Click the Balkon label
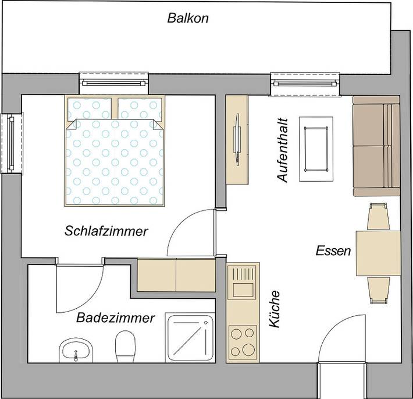pyautogui.click(x=188, y=18)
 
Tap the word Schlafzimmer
pyautogui.click(x=106, y=231)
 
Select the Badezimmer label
pyautogui.click(x=116, y=318)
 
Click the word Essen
pyautogui.click(x=333, y=252)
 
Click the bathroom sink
pyautogui.click(x=75, y=351)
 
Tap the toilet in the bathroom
pyautogui.click(x=125, y=346)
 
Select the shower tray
pyautogui.click(x=191, y=338)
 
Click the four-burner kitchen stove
pyautogui.click(x=243, y=342)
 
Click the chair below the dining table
pyautogui.click(x=378, y=289)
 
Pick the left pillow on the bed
pyautogui.click(x=90, y=107)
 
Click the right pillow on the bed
pyautogui.click(x=139, y=107)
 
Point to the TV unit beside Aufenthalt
pyautogui.click(x=237, y=139)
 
